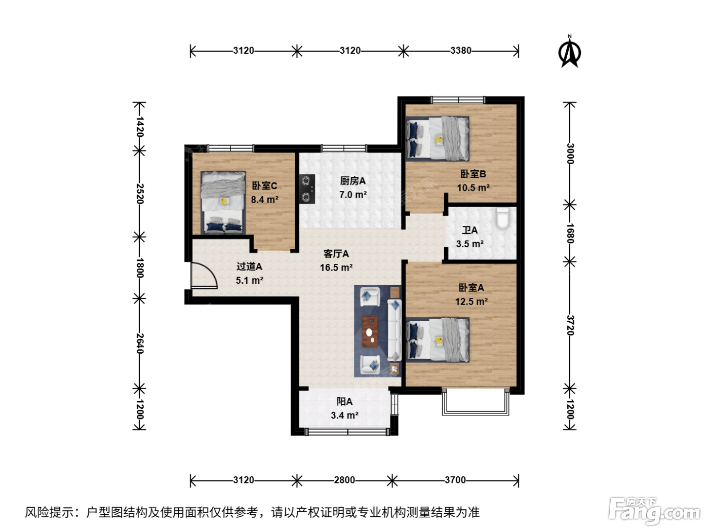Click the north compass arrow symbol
pyautogui.click(x=569, y=52)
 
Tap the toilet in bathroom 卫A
pyautogui.click(x=502, y=218)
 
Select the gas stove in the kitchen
pyautogui.click(x=306, y=189)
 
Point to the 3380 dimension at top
pyautogui.click(x=461, y=51)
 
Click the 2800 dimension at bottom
pyautogui.click(x=344, y=480)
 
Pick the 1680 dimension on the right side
pyautogui.click(x=570, y=233)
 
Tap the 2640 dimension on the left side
pyautogui.click(x=140, y=344)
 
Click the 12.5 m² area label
pyautogui.click(x=471, y=301)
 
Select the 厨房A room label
pyautogui.click(x=352, y=181)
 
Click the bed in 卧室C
pyautogui.click(x=223, y=203)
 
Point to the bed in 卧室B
pyautogui.click(x=438, y=138)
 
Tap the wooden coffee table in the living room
pyautogui.click(x=370, y=331)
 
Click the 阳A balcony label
pyautogui.click(x=344, y=401)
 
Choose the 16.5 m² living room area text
pyautogui.click(x=336, y=268)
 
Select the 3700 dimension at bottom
pyautogui.click(x=455, y=480)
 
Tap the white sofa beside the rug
pyautogui.click(x=395, y=330)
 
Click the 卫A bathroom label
pyautogui.click(x=469, y=231)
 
